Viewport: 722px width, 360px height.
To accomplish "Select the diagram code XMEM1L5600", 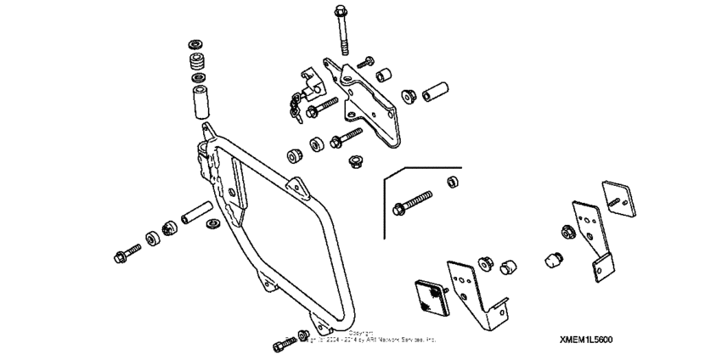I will coord(585,339).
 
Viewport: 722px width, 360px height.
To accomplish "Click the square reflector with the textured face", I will coord(429,299).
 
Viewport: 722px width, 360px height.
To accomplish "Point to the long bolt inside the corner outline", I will coord(411,204).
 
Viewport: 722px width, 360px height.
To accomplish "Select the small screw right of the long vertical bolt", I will coord(367,61).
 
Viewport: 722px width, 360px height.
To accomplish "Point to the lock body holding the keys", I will coord(308,85).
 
